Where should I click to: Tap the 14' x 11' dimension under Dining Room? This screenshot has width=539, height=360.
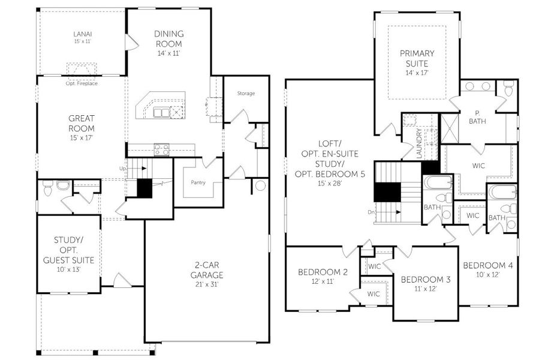pyautogui.click(x=168, y=53)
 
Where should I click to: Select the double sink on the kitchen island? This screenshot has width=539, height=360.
pyautogui.click(x=161, y=112)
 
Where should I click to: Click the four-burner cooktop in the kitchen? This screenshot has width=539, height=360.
pyautogui.click(x=161, y=149)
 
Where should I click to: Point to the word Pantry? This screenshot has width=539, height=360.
pyautogui.click(x=198, y=182)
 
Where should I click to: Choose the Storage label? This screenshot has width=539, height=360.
pyautogui.click(x=246, y=94)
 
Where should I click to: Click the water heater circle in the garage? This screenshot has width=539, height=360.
pyautogui.click(x=260, y=186)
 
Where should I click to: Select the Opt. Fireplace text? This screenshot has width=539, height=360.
pyautogui.click(x=82, y=83)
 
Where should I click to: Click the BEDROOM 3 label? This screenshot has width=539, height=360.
pyautogui.click(x=426, y=280)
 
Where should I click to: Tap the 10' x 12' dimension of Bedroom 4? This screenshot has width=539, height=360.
pyautogui.click(x=488, y=274)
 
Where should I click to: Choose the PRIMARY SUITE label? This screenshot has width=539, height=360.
pyautogui.click(x=417, y=58)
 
